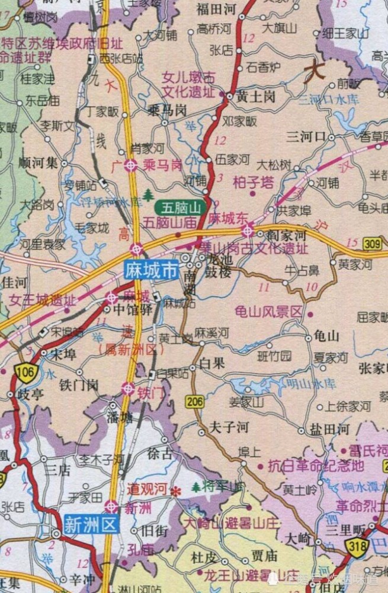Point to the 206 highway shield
tap(194, 401)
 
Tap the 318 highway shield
tap(358, 547)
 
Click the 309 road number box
tap(372, 243)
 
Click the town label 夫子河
tap(229, 427)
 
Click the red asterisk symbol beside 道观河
tap(175, 491)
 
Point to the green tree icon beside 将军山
tap(195, 487)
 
